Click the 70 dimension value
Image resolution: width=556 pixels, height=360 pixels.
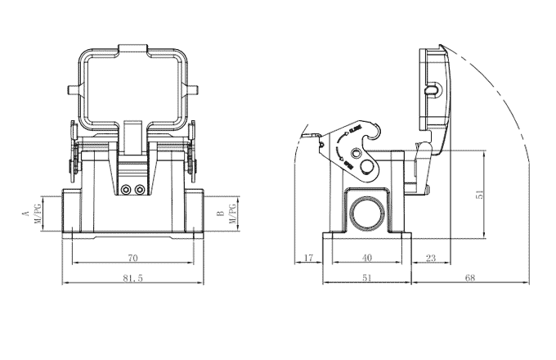(132, 258)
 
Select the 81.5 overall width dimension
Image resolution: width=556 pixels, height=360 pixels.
(132, 278)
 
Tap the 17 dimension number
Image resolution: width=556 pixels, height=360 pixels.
(308, 258)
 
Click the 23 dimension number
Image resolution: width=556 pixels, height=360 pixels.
(430, 258)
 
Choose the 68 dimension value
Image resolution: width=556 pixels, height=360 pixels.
(470, 278)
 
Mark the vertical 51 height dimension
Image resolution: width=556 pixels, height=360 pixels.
(481, 195)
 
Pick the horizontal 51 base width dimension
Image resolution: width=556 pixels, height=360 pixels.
(366, 278)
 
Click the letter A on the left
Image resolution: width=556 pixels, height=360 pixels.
(25, 214)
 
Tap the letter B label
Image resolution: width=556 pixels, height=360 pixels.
(219, 214)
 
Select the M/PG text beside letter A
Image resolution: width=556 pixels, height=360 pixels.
(36, 214)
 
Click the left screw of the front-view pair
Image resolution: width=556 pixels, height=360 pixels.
(126, 191)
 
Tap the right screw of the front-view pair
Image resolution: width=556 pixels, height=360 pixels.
(140, 191)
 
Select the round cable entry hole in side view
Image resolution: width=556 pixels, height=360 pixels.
(365, 212)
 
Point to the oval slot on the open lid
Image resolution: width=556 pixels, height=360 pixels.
(433, 89)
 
